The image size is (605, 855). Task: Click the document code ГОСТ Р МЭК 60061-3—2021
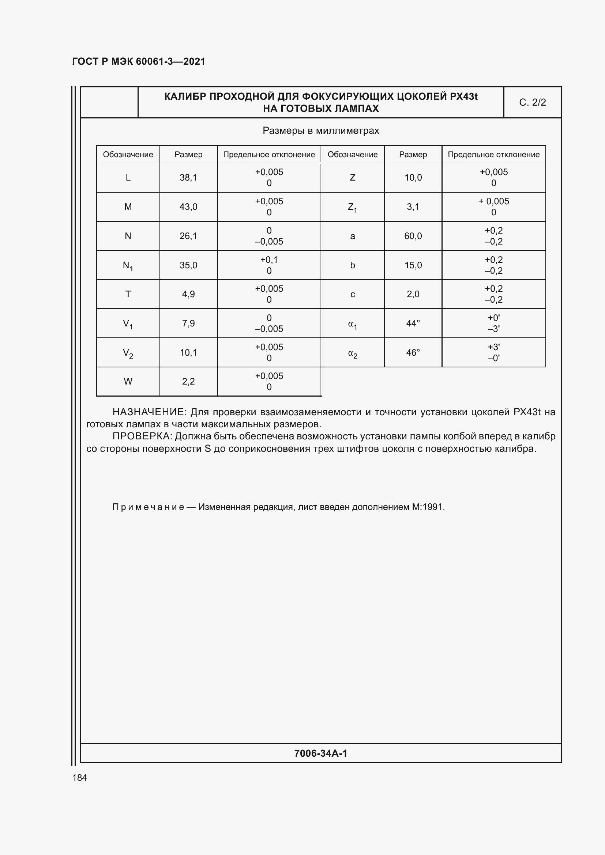click(x=139, y=61)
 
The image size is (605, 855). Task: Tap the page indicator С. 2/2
click(x=532, y=102)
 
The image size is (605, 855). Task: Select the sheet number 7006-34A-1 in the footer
click(x=320, y=753)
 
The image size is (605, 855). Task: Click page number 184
click(x=79, y=778)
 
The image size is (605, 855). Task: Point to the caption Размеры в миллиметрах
click(x=321, y=131)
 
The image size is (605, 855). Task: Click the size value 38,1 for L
click(x=188, y=178)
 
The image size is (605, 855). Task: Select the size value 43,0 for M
click(x=188, y=207)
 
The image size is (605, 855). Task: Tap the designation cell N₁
click(x=128, y=265)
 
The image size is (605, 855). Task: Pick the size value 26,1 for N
click(x=188, y=236)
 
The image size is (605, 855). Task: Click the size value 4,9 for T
click(x=188, y=294)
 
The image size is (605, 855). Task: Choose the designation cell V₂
click(x=128, y=353)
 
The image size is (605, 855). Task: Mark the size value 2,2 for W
click(x=188, y=381)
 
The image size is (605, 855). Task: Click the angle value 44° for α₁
click(x=413, y=323)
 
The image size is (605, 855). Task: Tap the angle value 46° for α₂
click(x=413, y=353)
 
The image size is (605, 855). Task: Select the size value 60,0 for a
click(x=413, y=236)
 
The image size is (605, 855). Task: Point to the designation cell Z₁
click(x=352, y=207)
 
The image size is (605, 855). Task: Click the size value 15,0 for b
click(x=413, y=265)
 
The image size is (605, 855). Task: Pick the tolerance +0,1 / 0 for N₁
click(x=269, y=265)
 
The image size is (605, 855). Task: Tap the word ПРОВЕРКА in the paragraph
click(x=141, y=436)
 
